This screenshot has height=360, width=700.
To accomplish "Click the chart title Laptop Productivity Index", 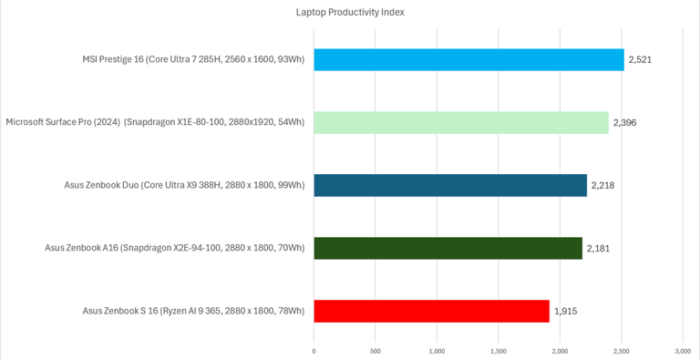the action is [x=350, y=13].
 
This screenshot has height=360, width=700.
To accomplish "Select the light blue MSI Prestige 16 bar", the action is [x=468, y=60].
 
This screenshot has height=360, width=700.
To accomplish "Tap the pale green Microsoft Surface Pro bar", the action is [x=461, y=122].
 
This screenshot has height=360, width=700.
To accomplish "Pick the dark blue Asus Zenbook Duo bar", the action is [x=450, y=185].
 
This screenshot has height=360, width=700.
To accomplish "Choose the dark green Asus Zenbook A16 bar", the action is [x=448, y=248].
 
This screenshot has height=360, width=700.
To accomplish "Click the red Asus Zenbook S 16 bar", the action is [x=432, y=311].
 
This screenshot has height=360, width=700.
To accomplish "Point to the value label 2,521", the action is [x=640, y=60].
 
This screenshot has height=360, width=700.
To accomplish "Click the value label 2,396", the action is [x=625, y=123].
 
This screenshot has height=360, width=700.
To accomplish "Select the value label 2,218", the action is [x=603, y=185].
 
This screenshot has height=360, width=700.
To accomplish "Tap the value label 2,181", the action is [x=598, y=248].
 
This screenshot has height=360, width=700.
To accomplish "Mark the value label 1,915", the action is [x=566, y=311].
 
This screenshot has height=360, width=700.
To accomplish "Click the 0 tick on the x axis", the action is [x=314, y=352].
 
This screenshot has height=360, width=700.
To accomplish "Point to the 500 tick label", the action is [x=376, y=352].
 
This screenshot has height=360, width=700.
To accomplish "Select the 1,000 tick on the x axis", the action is [x=437, y=352].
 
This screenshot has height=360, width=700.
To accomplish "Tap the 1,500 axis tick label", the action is [x=499, y=352].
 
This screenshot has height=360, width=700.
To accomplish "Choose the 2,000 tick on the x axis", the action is [x=560, y=352].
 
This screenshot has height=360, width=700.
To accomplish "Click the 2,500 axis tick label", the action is [x=622, y=352].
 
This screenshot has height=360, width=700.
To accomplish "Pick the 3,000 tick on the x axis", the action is [x=683, y=352].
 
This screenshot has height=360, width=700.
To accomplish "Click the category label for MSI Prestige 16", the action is [x=194, y=60].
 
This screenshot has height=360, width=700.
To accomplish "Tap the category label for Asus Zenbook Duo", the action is [x=185, y=185].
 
